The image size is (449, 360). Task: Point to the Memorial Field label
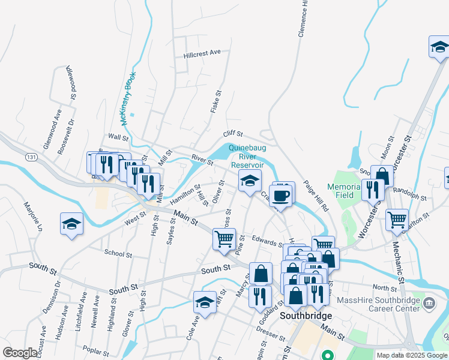(345, 191)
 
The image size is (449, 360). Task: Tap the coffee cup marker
(280, 194)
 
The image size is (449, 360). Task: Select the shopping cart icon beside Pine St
(224, 238)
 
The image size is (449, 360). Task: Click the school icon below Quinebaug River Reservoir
(249, 179)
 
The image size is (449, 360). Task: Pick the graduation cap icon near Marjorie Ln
(71, 224)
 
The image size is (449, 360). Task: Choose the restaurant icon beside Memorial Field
(373, 188)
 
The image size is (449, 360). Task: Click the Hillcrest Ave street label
(202, 53)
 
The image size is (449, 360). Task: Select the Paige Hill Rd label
(316, 195)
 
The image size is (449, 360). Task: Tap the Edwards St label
(268, 241)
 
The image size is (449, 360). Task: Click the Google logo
(20, 353)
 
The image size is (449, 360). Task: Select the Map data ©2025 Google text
(411, 355)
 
